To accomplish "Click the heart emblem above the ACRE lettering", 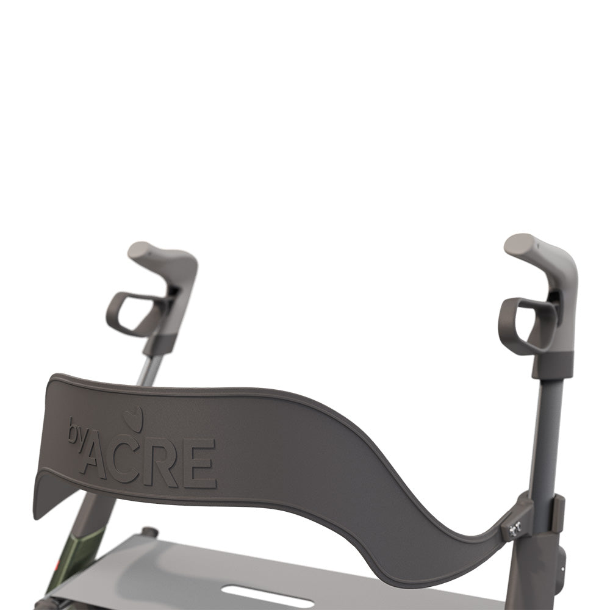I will (133, 420).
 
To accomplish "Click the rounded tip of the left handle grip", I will (140, 250).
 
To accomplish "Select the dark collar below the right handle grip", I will (552, 365).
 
